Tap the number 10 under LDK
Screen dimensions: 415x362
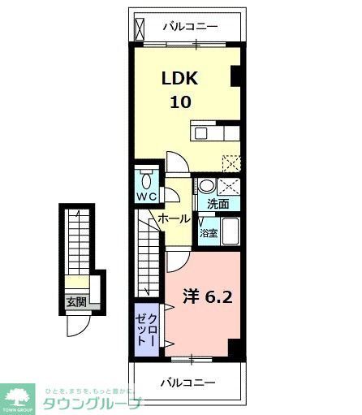182,102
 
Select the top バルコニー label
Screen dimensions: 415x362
190,26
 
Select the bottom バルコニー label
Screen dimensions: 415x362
187,382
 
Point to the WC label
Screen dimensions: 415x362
146,197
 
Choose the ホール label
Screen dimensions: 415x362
174,219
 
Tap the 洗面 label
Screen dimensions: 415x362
218,204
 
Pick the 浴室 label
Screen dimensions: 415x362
209,232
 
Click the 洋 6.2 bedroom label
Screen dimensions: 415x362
206,297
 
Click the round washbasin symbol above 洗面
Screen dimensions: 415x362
206,185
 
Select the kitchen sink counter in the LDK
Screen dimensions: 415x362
216,132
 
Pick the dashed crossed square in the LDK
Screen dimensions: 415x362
231,161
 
